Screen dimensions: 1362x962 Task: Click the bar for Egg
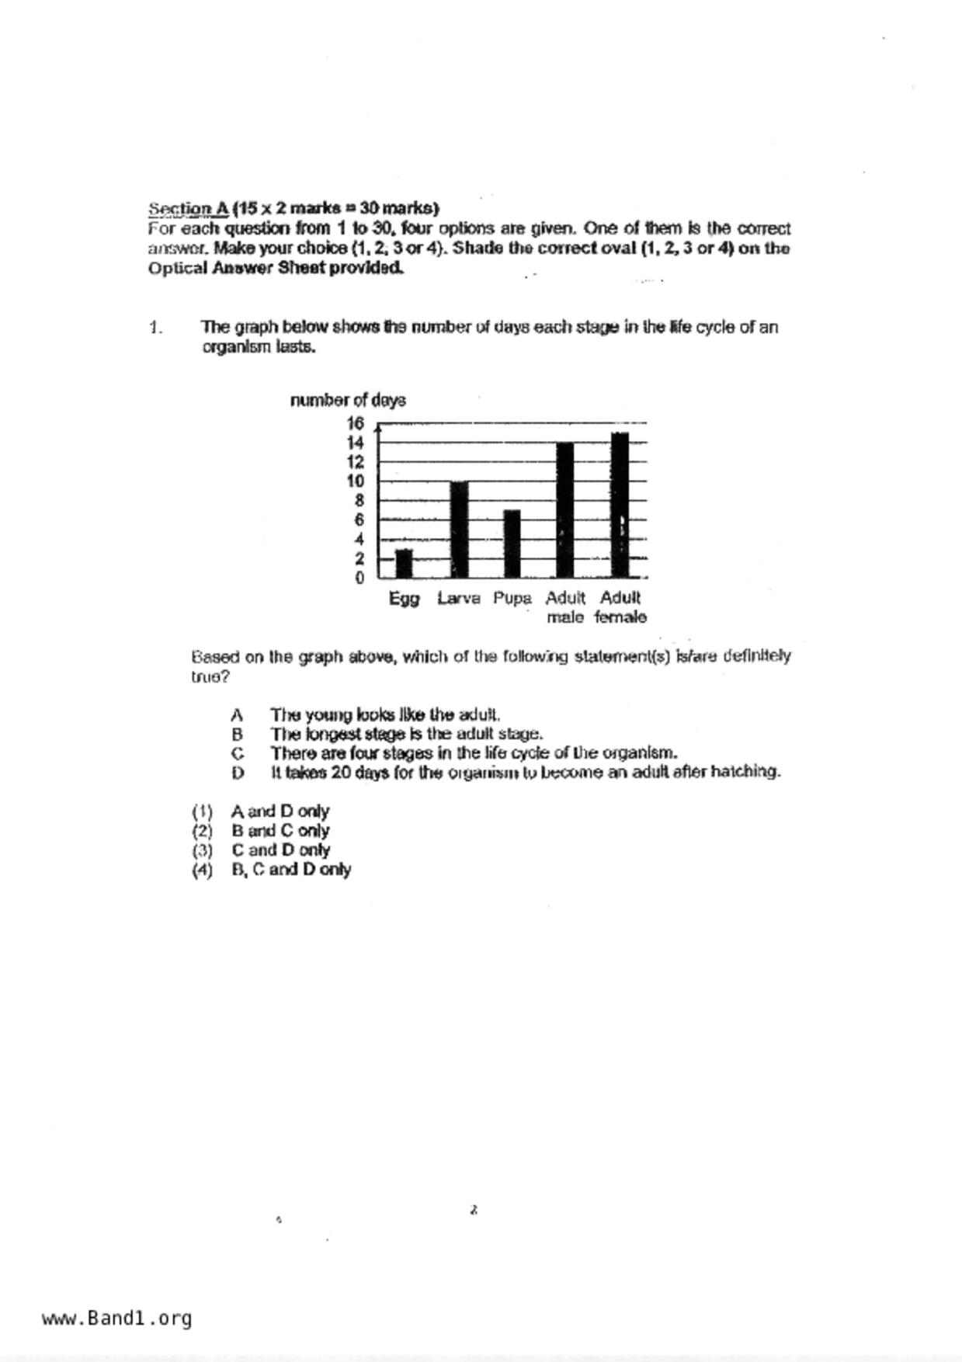[x=404, y=564]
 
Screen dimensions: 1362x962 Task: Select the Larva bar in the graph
[x=459, y=530]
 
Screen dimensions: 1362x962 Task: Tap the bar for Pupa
[x=512, y=544]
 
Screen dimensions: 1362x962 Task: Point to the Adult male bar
[x=565, y=510]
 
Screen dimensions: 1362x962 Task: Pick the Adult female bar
[x=620, y=505]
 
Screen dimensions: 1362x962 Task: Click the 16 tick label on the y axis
[x=356, y=423]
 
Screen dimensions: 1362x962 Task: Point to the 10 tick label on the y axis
[x=356, y=481]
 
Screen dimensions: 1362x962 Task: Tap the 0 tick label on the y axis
[x=359, y=579]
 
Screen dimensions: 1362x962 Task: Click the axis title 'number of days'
[x=348, y=401]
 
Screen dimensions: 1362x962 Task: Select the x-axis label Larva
[x=459, y=599]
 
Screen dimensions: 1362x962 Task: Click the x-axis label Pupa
[x=512, y=599]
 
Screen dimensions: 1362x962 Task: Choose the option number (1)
[x=202, y=811]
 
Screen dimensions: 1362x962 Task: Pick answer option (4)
[x=202, y=870]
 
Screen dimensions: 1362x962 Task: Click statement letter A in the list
[x=237, y=714]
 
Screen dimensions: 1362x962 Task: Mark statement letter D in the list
[x=238, y=773]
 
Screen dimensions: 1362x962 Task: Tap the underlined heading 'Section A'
[x=188, y=209]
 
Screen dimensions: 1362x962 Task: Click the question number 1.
[x=155, y=328]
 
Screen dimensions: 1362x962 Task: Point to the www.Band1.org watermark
[x=117, y=1319]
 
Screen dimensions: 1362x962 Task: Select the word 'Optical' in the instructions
[x=177, y=269]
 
